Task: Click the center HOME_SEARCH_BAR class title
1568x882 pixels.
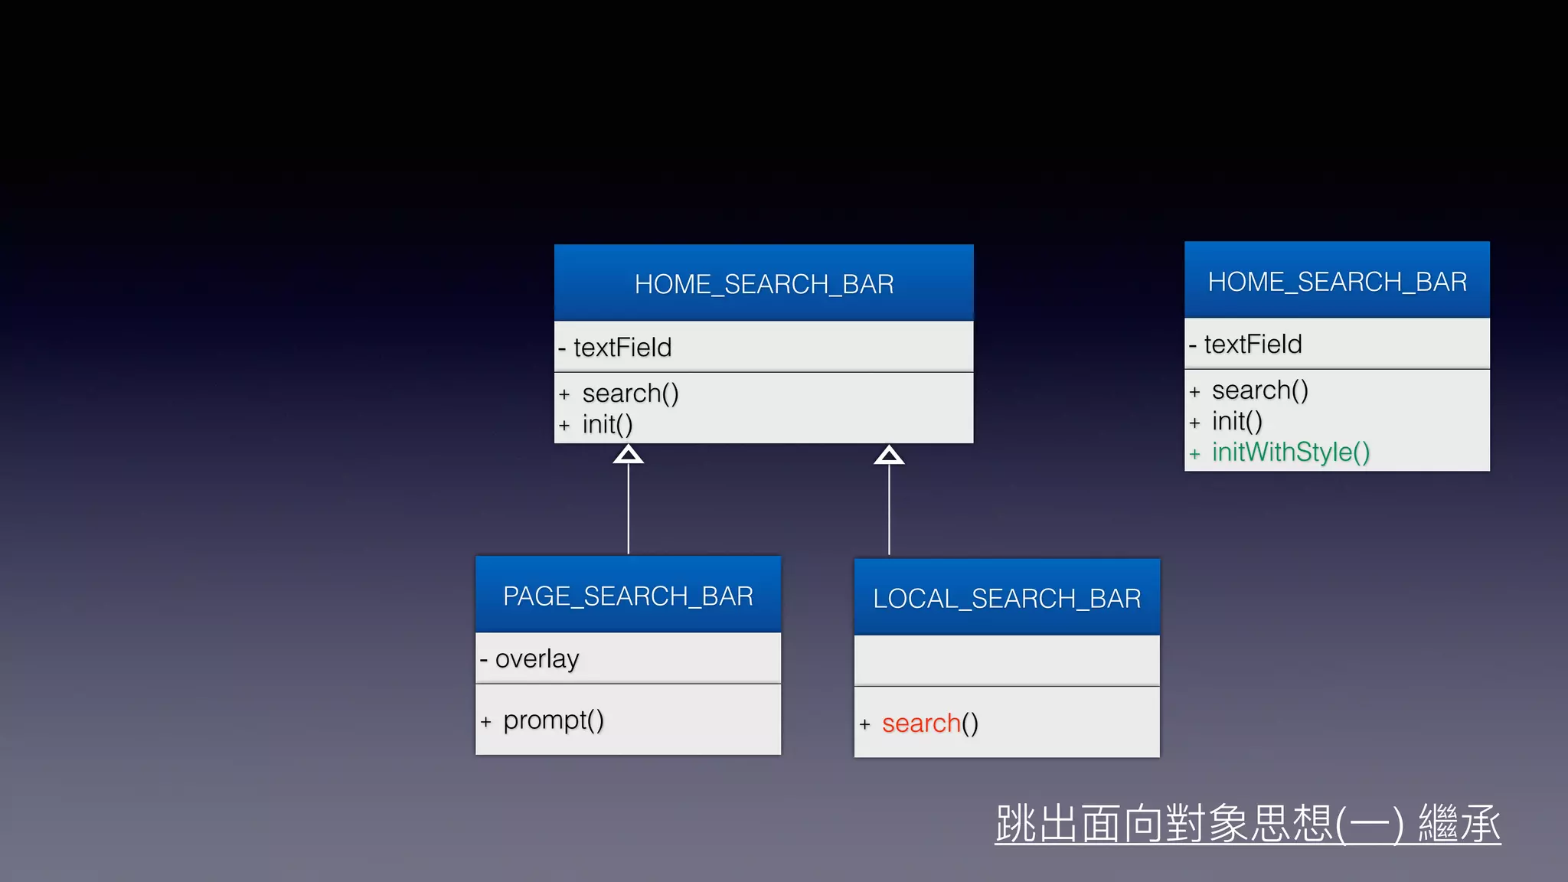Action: coord(764,284)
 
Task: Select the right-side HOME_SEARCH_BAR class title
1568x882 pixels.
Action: coord(1337,282)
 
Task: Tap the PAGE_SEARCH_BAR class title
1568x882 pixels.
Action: coord(628,596)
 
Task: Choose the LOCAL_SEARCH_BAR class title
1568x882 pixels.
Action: coord(1007,598)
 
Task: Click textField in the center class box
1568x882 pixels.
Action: coord(622,348)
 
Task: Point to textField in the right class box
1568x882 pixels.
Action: coord(1253,345)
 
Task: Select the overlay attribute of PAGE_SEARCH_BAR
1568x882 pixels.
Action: coord(537,658)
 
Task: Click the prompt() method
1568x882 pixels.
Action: coord(554,720)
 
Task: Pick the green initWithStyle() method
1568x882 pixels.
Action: coord(1291,452)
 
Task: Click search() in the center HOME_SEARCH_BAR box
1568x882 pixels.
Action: coord(630,394)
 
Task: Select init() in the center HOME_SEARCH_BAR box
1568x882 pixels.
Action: coord(607,424)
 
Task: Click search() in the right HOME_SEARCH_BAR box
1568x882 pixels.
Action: coord(1260,390)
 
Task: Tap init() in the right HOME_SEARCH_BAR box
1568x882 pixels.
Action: coord(1237,421)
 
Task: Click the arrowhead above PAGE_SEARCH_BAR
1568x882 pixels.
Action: coord(628,455)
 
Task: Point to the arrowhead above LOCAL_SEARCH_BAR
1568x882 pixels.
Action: coord(889,456)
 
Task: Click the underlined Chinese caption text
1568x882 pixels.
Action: coord(1248,824)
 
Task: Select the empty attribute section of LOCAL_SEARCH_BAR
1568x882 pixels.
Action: coord(1007,660)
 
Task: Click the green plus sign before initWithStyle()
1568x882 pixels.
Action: coord(1194,454)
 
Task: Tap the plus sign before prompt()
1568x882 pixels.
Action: coord(485,721)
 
